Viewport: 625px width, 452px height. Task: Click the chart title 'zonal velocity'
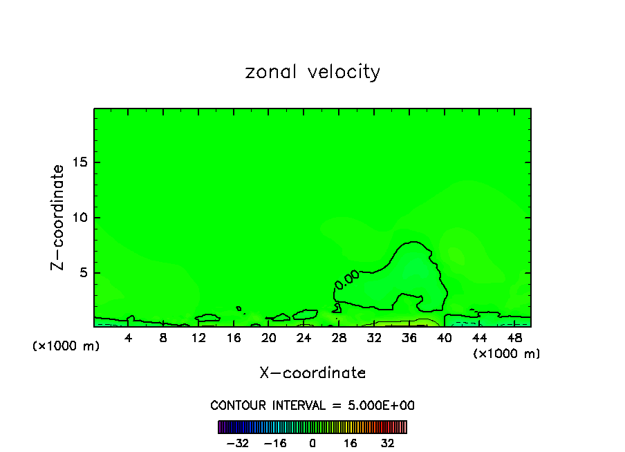(x=312, y=72)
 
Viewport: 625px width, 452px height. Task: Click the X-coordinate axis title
(x=312, y=373)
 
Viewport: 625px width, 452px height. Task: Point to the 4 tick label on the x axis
(x=129, y=339)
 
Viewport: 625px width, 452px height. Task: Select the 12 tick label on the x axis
(x=199, y=339)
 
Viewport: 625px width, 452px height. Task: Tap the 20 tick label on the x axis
(x=269, y=339)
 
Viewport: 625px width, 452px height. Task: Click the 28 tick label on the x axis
(x=339, y=339)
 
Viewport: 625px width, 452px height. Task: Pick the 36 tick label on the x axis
(x=409, y=339)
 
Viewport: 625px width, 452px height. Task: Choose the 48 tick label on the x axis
(x=514, y=339)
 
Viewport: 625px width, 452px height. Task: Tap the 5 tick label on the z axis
(x=82, y=272)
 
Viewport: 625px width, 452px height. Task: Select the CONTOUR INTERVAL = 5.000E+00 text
(x=312, y=406)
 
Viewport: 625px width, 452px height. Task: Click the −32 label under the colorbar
(x=238, y=443)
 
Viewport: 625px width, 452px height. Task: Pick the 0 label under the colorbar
(x=312, y=443)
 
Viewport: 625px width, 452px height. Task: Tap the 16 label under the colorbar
(x=351, y=443)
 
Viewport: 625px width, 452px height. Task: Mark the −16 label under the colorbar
(x=275, y=443)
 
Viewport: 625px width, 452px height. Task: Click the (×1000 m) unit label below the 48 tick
(x=507, y=354)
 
